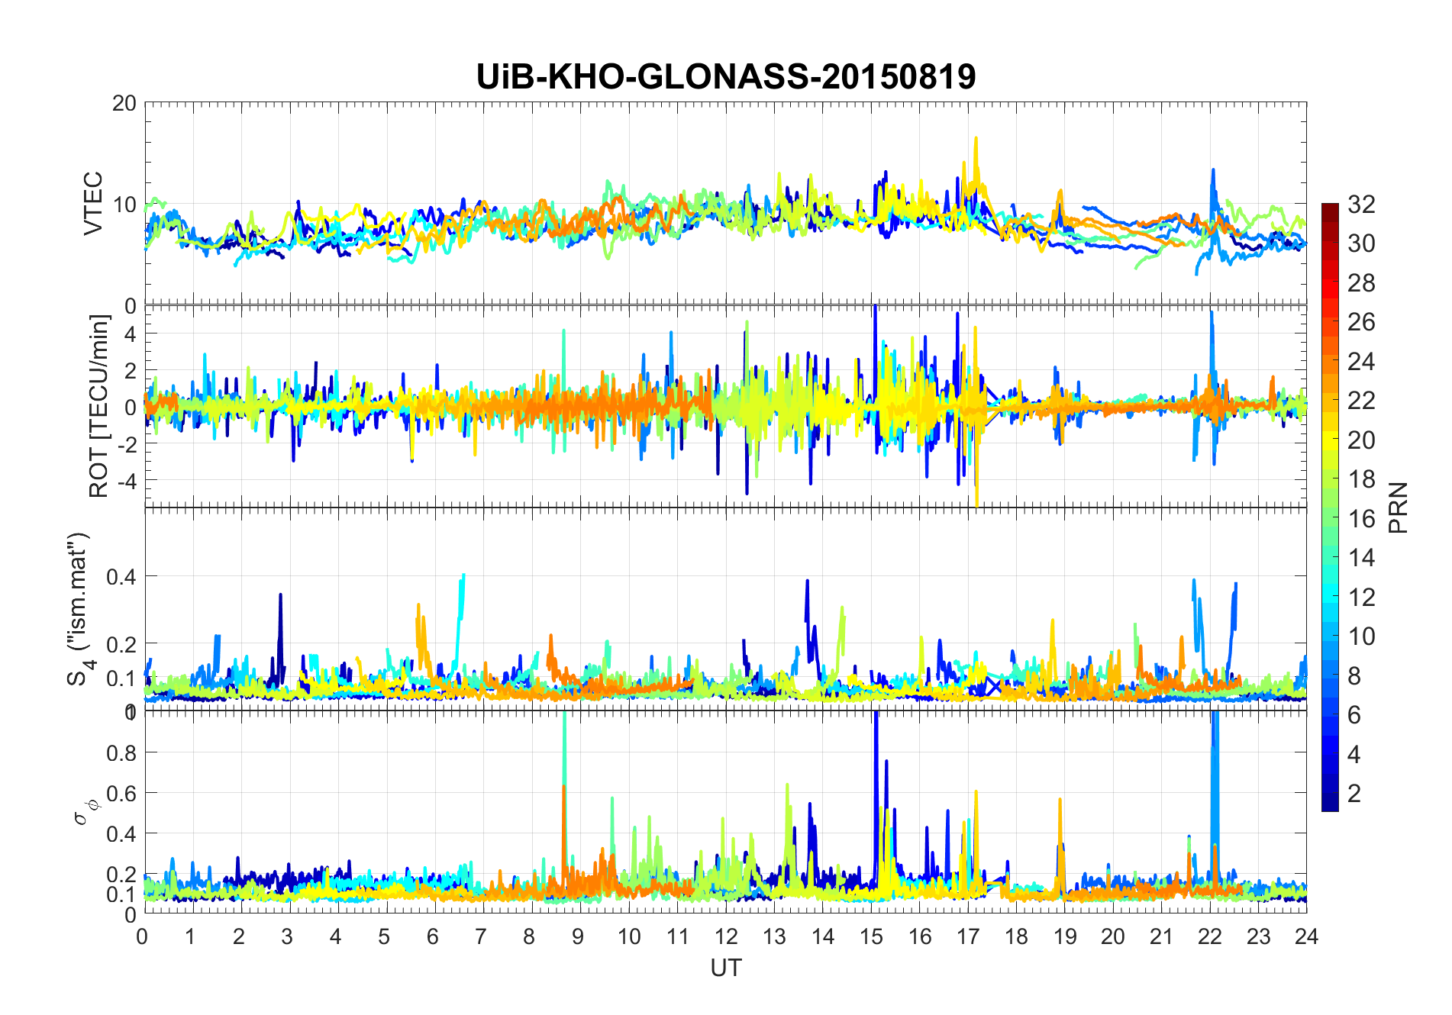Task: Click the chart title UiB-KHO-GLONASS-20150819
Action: tap(725, 77)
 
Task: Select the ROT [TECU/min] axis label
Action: tap(99, 406)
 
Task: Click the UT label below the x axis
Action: tap(725, 968)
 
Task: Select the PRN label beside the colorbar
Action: tap(1399, 507)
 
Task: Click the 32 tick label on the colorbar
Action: tap(1361, 205)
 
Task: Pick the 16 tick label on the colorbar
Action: tap(1361, 519)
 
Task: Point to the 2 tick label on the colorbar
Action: tap(1354, 794)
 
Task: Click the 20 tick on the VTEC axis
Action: tap(124, 103)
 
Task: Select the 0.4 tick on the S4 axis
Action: tap(121, 576)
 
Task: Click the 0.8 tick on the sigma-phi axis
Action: tap(121, 752)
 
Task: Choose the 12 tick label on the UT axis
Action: tap(725, 936)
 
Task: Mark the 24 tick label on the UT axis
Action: tap(1306, 936)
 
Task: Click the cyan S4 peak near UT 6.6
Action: tap(463, 576)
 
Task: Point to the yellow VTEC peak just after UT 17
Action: tap(976, 140)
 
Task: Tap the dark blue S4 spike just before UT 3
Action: tap(280, 595)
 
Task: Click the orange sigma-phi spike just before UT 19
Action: tap(1060, 800)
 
